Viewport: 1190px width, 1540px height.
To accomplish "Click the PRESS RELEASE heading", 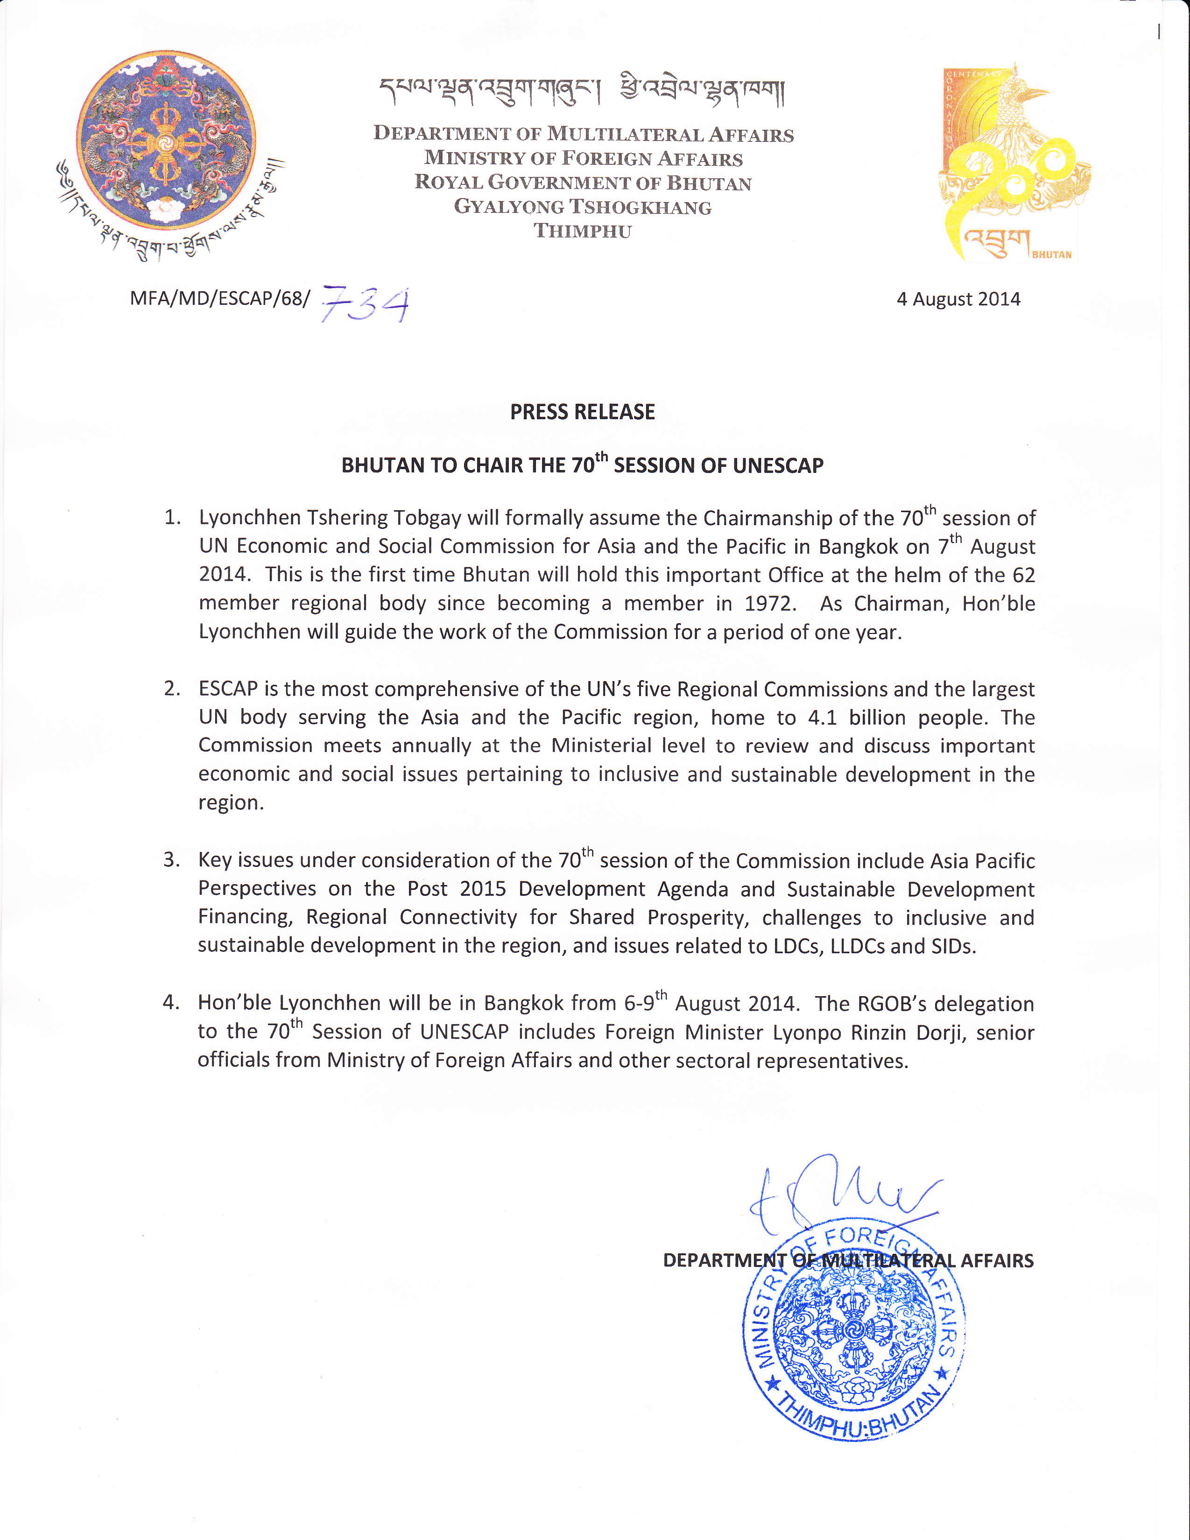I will pos(582,412).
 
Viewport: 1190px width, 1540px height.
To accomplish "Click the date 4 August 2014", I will pos(958,299).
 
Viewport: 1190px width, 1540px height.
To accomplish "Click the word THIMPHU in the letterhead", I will pos(582,231).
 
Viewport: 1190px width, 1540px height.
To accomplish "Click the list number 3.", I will pos(171,859).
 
